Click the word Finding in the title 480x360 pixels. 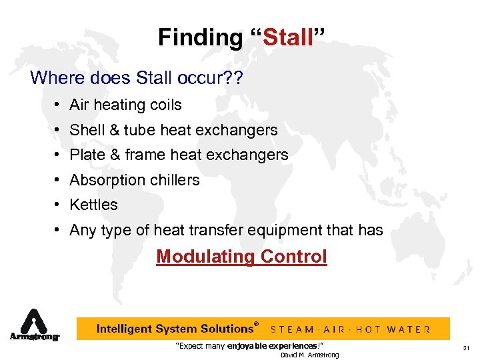[201, 37]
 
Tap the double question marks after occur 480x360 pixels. [234, 78]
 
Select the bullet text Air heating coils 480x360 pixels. [125, 105]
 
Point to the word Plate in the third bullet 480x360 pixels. [85, 155]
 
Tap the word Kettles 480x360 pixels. [93, 205]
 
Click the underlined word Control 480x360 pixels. [294, 257]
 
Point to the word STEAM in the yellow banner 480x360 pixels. [294, 329]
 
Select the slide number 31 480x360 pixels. [466, 347]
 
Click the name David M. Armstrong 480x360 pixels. [309, 355]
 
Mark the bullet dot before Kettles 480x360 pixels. [60, 205]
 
